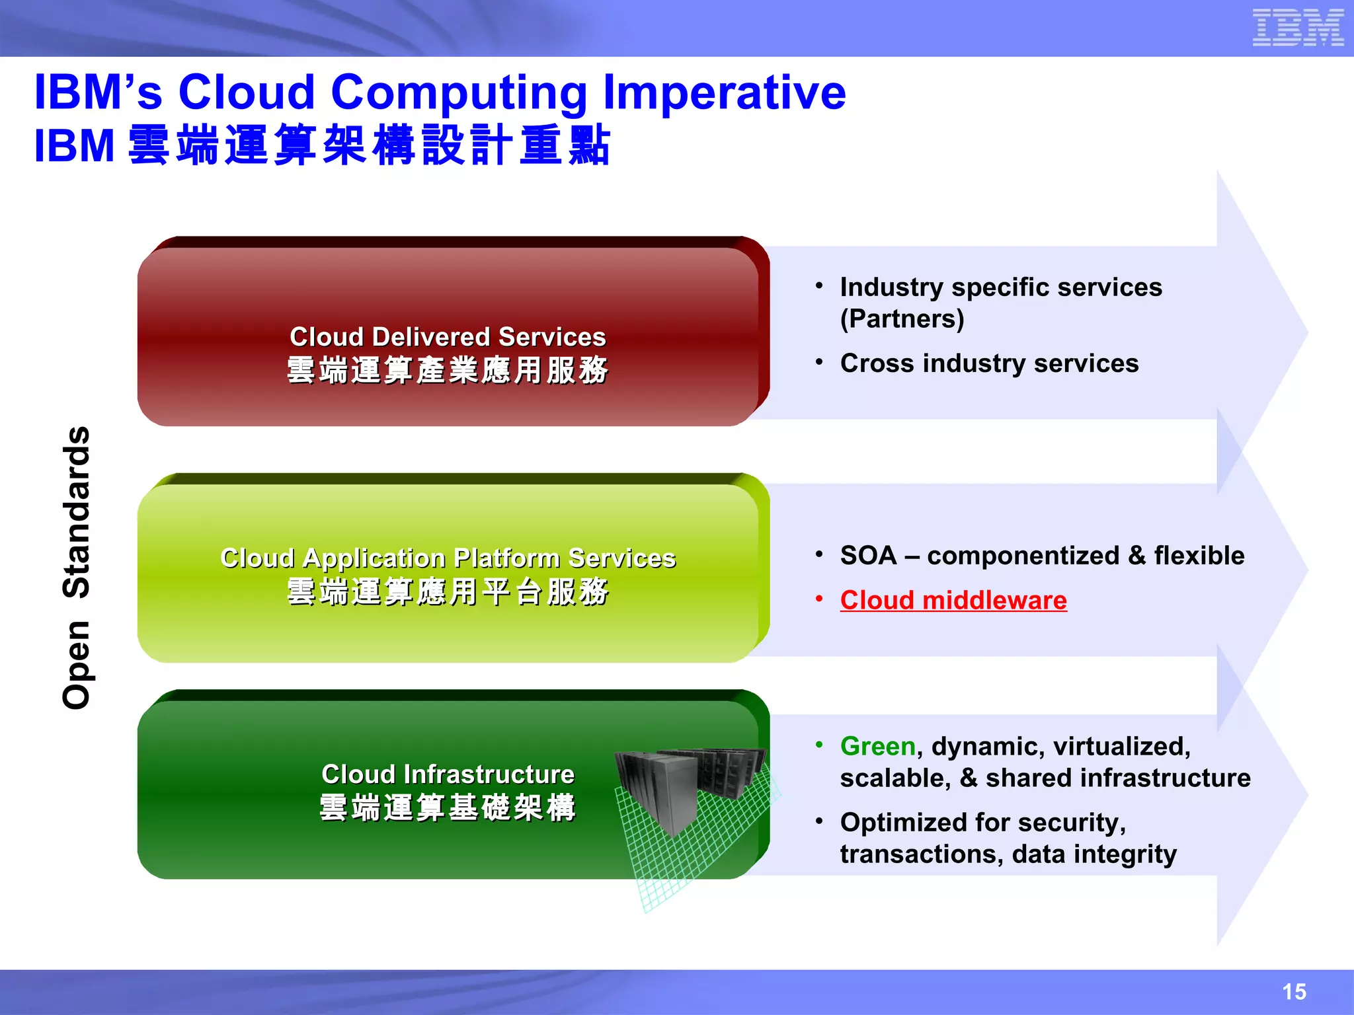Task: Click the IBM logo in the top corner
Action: pyautogui.click(x=1298, y=28)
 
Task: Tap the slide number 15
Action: pyautogui.click(x=1294, y=991)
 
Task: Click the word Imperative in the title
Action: pyautogui.click(x=725, y=92)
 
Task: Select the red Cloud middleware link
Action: pyautogui.click(x=953, y=600)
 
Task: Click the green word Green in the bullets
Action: pyautogui.click(x=877, y=746)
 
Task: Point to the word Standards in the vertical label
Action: pyautogui.click(x=77, y=512)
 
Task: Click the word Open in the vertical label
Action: pyautogui.click(x=77, y=665)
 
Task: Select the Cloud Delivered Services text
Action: pyautogui.click(x=448, y=337)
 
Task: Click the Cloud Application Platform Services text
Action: pyautogui.click(x=448, y=558)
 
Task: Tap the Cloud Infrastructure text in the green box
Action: pyautogui.click(x=448, y=774)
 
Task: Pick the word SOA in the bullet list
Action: pyautogui.click(x=867, y=556)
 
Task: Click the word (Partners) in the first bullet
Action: pyautogui.click(x=902, y=319)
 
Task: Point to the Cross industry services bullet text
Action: pyautogui.click(x=989, y=363)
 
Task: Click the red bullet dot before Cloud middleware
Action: pyautogui.click(x=819, y=599)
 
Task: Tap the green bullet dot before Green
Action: pyautogui.click(x=819, y=745)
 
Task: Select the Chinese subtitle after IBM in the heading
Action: pyautogui.click(x=369, y=145)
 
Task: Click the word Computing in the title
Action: pyautogui.click(x=459, y=92)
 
